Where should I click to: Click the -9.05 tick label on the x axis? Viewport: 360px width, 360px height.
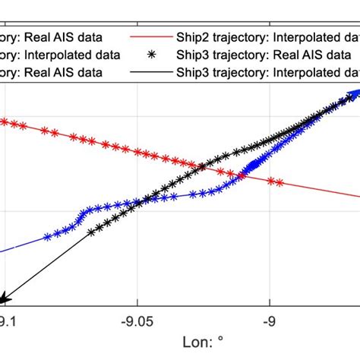coord(137,321)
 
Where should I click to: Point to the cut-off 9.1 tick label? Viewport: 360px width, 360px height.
coord(6,321)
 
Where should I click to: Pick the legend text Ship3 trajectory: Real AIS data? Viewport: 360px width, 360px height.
coord(255,54)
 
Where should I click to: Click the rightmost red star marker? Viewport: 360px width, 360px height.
coord(280,182)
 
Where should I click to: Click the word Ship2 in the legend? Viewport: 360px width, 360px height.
coord(193,36)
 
